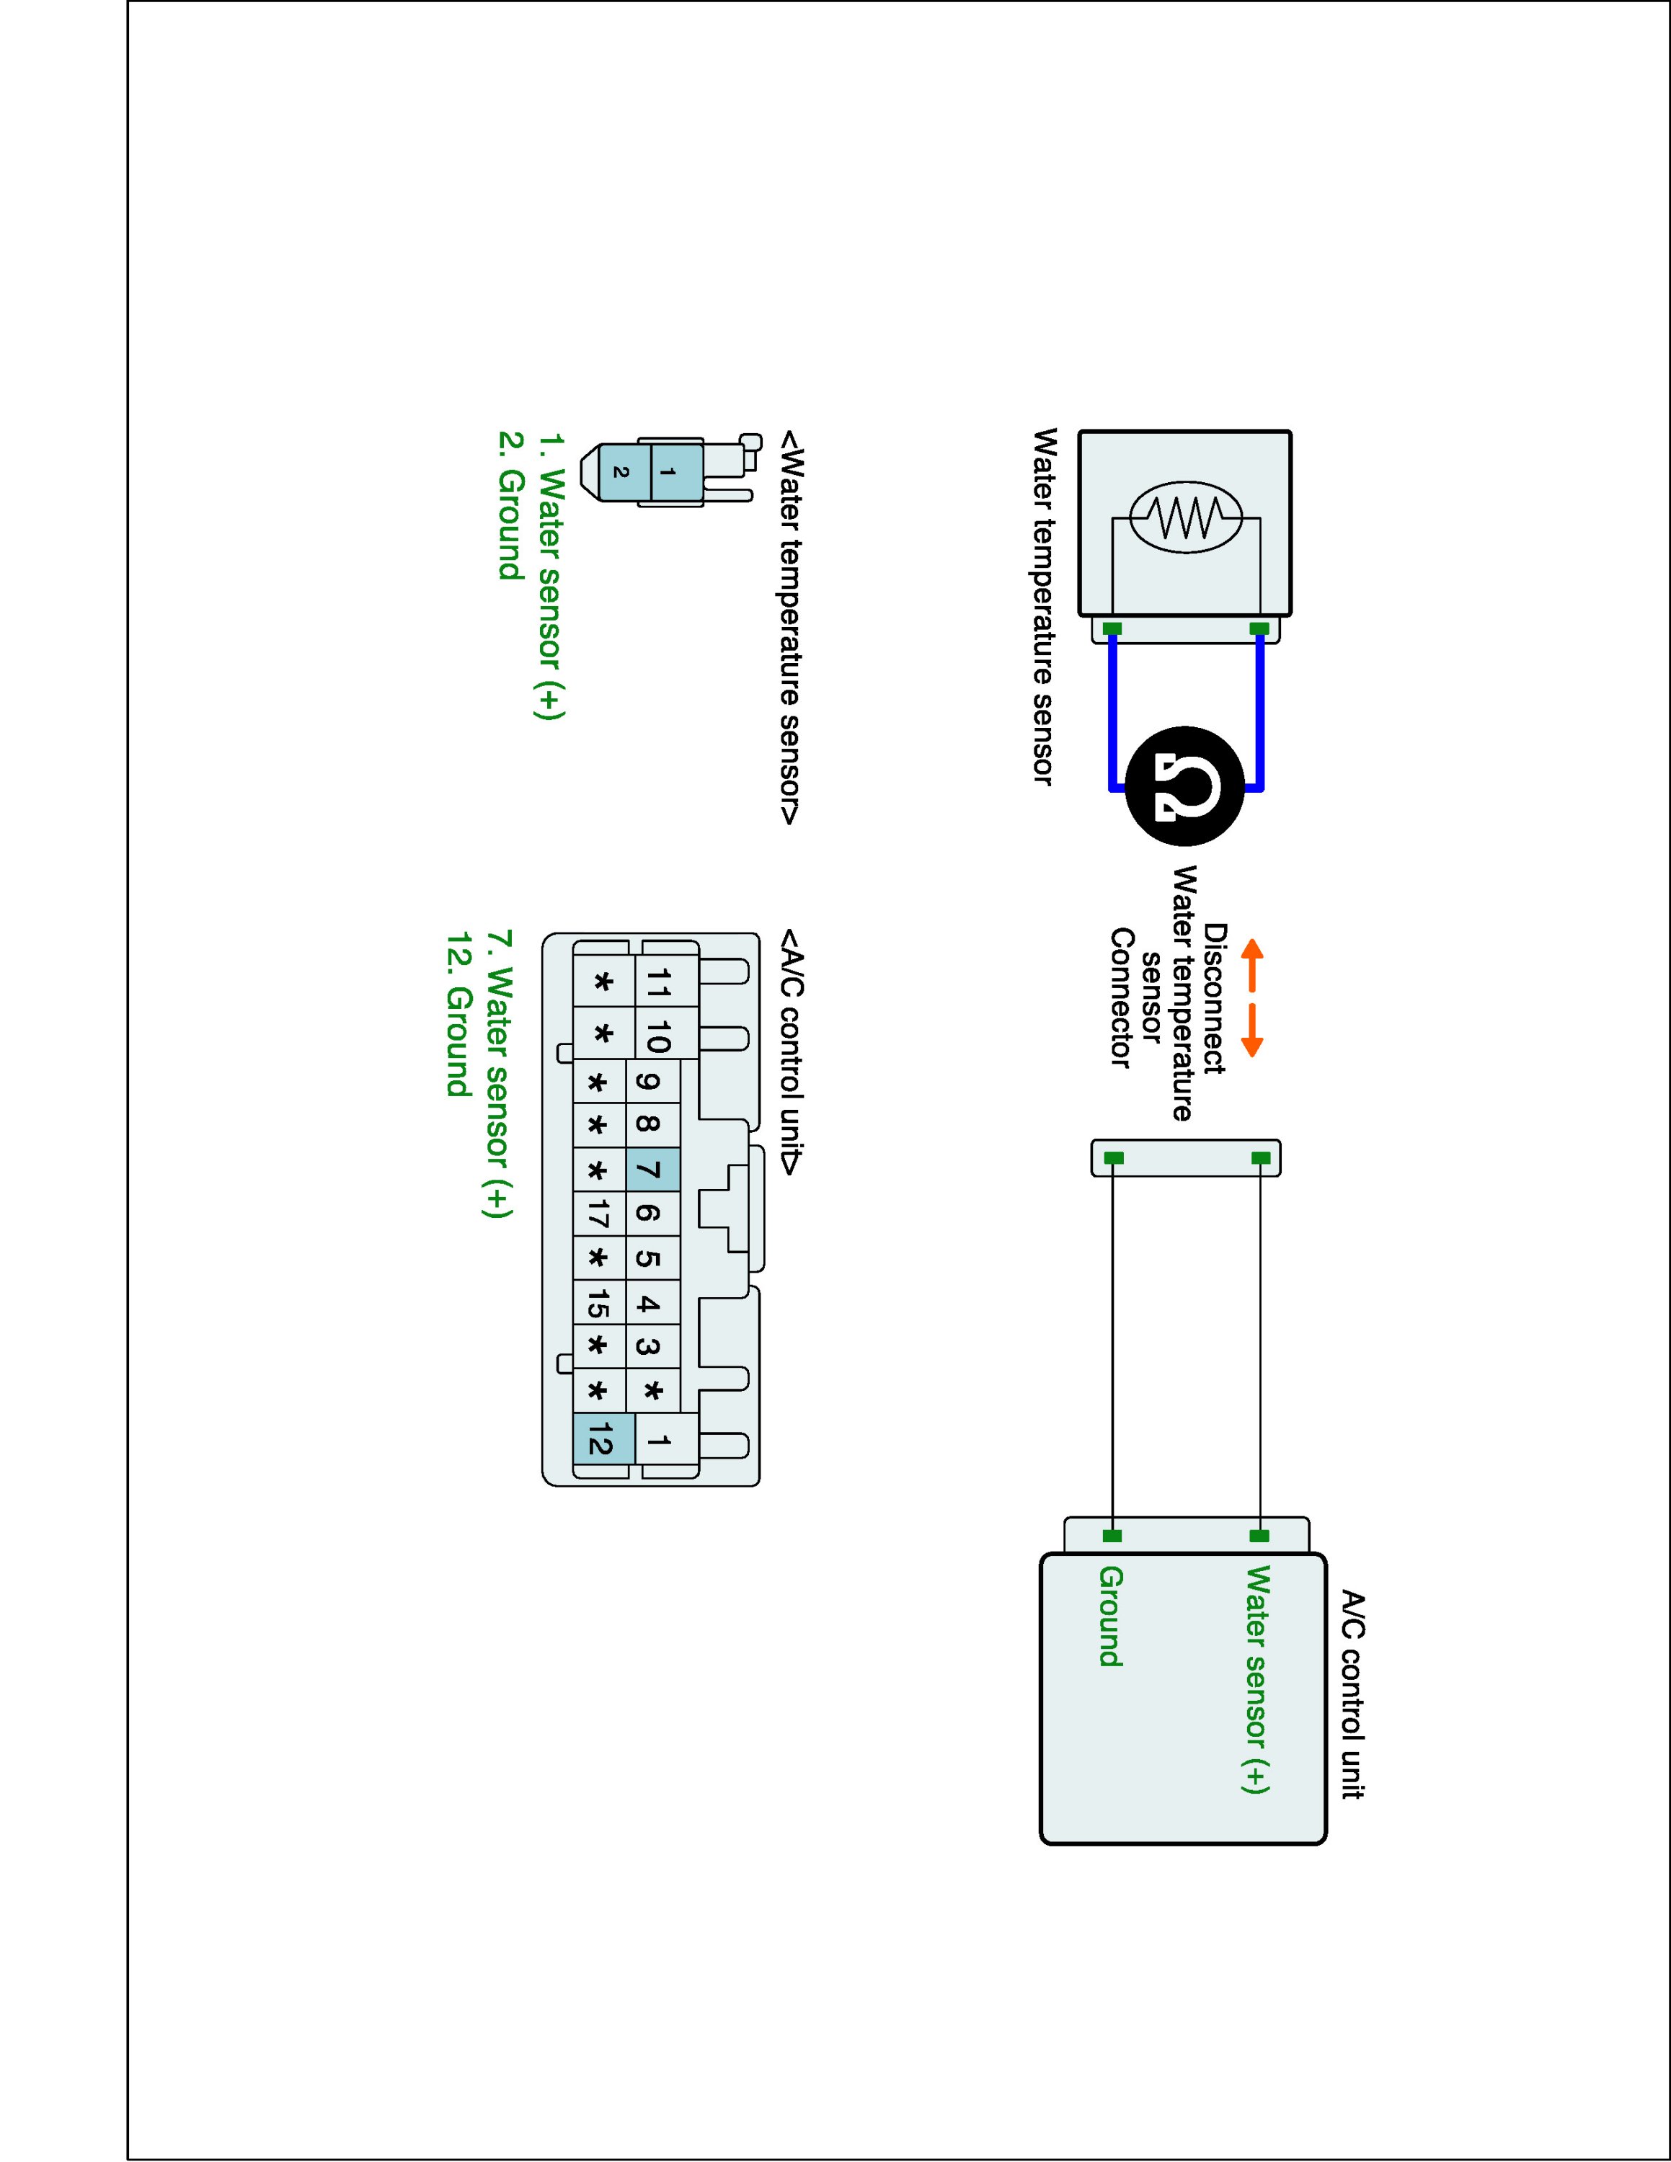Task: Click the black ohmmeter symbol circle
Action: coord(1185,786)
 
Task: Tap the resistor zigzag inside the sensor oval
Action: coord(1186,516)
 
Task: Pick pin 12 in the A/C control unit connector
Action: coord(600,1441)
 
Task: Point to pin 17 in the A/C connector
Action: coord(599,1214)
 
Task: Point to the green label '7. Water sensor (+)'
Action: coord(499,1073)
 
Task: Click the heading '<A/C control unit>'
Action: coord(792,1051)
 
